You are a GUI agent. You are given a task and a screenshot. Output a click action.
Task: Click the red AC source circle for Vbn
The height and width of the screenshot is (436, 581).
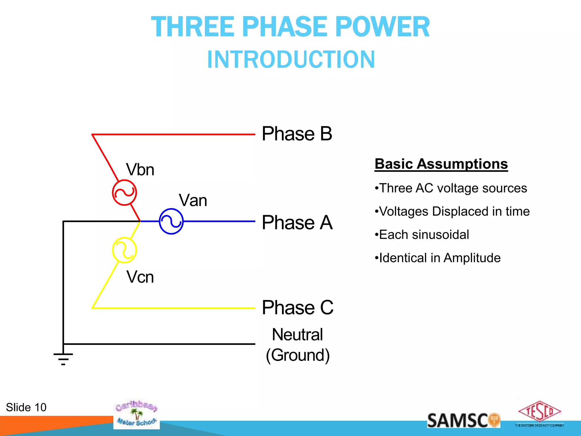tap(124, 192)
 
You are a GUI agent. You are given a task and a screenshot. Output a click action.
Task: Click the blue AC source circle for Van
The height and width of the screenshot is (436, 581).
tap(171, 221)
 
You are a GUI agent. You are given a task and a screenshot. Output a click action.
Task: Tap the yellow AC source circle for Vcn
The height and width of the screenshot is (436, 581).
tap(124, 250)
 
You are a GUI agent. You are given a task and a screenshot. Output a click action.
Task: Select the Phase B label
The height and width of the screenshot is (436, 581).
tap(297, 134)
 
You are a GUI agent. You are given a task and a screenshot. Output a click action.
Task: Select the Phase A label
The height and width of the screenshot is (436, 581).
tap(297, 223)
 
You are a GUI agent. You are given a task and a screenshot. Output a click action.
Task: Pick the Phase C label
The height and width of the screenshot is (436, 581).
tap(297, 307)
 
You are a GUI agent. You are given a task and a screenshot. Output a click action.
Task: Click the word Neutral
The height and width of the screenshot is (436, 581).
tap(297, 334)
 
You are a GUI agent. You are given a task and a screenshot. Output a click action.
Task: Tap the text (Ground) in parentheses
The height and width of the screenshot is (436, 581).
tap(298, 355)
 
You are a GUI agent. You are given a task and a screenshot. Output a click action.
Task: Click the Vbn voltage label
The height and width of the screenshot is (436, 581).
tap(140, 170)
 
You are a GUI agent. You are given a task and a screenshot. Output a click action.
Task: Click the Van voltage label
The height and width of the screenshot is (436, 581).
tap(193, 200)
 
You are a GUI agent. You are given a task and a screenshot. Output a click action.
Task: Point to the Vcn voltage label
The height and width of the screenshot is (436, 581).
tap(140, 277)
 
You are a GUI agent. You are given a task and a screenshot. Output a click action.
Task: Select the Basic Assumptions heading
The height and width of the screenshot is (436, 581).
tap(441, 164)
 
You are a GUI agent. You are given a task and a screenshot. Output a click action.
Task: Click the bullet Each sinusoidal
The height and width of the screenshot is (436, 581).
tap(422, 235)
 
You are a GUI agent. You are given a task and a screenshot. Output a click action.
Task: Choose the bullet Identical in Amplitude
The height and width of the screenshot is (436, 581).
tap(438, 258)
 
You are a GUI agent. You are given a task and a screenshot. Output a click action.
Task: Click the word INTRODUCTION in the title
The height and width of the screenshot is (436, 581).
tap(291, 60)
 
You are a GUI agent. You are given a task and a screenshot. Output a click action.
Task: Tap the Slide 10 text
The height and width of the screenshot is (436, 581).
tap(26, 407)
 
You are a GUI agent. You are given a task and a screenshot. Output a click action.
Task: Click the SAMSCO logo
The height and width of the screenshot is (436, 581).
tap(463, 420)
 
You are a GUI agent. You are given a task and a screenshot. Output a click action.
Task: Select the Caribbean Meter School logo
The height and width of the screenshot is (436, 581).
tap(136, 414)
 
